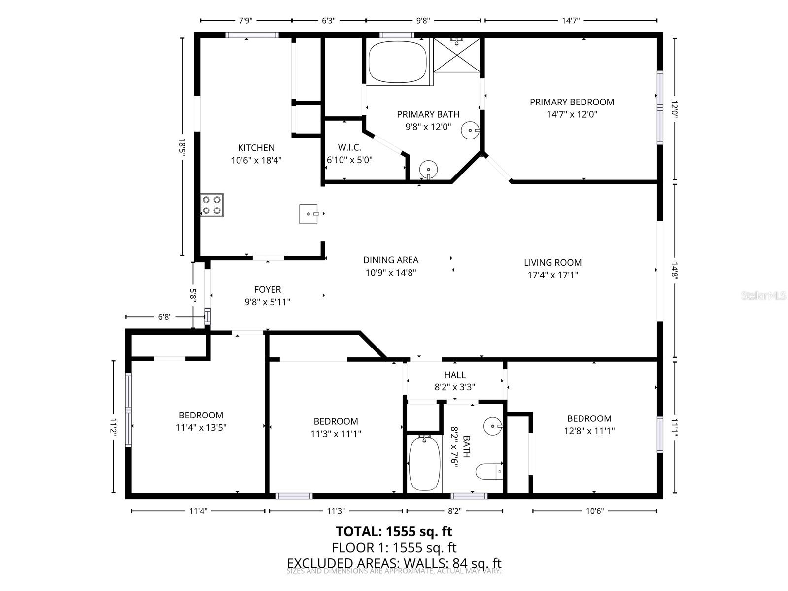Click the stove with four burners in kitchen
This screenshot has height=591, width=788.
pyautogui.click(x=212, y=205)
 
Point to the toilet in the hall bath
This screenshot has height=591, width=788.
pyautogui.click(x=489, y=471)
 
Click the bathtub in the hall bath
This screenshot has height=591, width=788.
pyautogui.click(x=424, y=463)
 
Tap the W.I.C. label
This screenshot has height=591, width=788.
pyautogui.click(x=349, y=148)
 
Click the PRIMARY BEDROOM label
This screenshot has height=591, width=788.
pyautogui.click(x=572, y=102)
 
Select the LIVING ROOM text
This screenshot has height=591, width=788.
pyautogui.click(x=552, y=263)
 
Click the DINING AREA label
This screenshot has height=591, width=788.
pyautogui.click(x=391, y=260)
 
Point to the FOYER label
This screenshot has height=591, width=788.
pyautogui.click(x=268, y=290)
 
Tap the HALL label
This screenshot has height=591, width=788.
pyautogui.click(x=454, y=375)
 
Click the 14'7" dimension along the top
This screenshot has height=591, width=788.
pyautogui.click(x=571, y=21)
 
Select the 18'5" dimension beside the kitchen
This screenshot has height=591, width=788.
pyautogui.click(x=182, y=147)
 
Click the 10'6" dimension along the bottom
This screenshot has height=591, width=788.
pyautogui.click(x=594, y=511)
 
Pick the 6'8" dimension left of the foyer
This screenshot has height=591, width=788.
pyautogui.click(x=164, y=317)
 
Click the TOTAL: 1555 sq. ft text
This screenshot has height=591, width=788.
pyautogui.click(x=394, y=531)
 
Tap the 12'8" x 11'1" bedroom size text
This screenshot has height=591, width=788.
pyautogui.click(x=589, y=431)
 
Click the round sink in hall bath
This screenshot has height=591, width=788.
pyautogui.click(x=492, y=425)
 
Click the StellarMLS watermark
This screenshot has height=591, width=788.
pyautogui.click(x=763, y=296)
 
